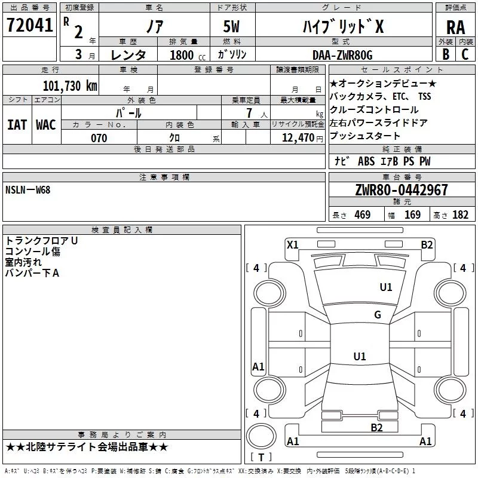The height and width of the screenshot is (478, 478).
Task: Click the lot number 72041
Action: [x=29, y=25]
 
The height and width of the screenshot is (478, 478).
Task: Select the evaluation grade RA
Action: [x=455, y=27]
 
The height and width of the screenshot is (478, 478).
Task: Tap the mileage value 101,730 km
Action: [x=70, y=86]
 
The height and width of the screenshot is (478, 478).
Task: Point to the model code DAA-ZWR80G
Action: [x=342, y=55]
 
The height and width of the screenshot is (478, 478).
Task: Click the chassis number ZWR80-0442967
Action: [x=402, y=190]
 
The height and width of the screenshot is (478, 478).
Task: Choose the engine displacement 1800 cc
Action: [x=188, y=55]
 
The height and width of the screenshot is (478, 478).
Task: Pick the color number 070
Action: [x=99, y=138]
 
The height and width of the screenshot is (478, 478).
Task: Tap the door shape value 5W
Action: [x=231, y=26]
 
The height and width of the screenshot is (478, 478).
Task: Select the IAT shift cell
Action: [x=17, y=125]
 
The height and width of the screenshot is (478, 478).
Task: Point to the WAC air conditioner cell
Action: [x=46, y=125]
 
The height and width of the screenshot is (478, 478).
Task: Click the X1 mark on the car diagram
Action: [x=292, y=245]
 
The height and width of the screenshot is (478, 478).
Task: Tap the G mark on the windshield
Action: [x=378, y=314]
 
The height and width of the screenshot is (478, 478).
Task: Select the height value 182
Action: [x=460, y=215]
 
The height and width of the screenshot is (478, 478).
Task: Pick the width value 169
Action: [x=412, y=215]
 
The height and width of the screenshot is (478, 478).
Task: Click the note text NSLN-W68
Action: [x=27, y=190]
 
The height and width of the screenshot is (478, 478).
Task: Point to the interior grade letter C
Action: [x=465, y=54]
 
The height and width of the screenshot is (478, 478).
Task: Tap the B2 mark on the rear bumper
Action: [x=376, y=428]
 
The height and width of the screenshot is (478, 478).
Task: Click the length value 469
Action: [x=363, y=215]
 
